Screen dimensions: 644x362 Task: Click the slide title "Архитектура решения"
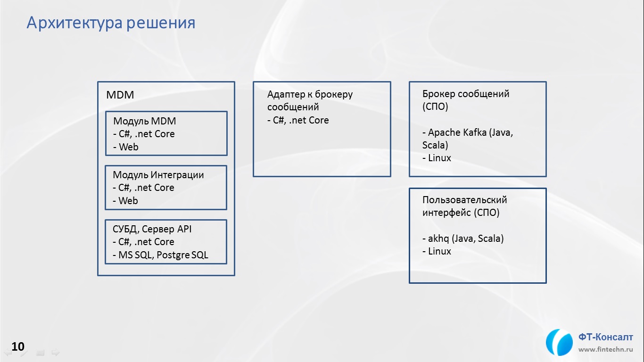tap(111, 23)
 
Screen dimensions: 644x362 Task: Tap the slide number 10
tap(18, 346)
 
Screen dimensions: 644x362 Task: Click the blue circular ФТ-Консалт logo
tap(559, 342)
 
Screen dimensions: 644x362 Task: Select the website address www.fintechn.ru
tap(605, 349)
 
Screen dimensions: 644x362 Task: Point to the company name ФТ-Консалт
tap(605, 337)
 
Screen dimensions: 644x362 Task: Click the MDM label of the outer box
tap(120, 95)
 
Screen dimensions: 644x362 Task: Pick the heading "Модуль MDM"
tap(144, 121)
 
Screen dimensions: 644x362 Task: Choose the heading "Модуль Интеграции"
tap(158, 175)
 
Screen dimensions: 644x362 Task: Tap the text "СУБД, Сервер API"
tap(152, 229)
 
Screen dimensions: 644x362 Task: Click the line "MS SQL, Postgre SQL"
tap(163, 255)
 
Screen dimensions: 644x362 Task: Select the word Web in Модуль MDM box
tap(129, 147)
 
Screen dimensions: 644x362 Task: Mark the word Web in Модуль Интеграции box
tap(128, 201)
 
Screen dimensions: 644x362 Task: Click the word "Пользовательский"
tap(464, 200)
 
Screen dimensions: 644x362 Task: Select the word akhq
tap(438, 239)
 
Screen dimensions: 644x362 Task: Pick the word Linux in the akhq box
tap(439, 251)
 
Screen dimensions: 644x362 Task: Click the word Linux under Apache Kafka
tap(439, 158)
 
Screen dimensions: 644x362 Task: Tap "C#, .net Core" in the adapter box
tap(301, 120)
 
